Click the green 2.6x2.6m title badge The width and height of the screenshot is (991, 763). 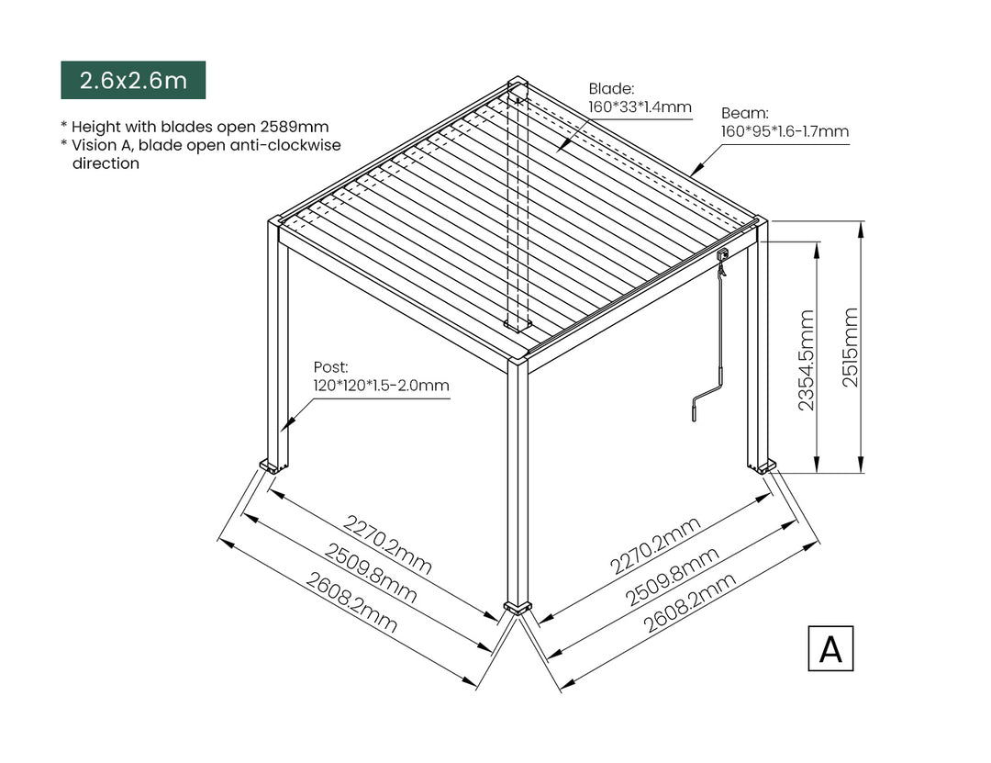[x=133, y=80]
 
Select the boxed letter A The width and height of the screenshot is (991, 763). [x=830, y=648]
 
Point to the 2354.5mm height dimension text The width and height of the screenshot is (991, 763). [x=807, y=359]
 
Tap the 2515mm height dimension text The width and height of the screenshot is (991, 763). [x=851, y=347]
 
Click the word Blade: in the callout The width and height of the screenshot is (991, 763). [x=611, y=89]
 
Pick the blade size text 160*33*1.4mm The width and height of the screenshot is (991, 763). [x=640, y=107]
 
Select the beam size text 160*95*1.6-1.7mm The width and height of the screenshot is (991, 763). [x=785, y=131]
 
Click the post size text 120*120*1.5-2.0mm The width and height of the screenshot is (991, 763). [x=381, y=386]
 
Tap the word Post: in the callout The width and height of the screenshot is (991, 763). [x=331, y=367]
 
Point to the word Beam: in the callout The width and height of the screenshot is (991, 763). [x=743, y=113]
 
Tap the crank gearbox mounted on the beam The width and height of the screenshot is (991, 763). [x=722, y=253]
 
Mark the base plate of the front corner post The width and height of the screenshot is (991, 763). [x=518, y=608]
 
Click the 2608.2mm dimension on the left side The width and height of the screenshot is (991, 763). [x=352, y=603]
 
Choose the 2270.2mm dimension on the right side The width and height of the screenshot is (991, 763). [x=655, y=545]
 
